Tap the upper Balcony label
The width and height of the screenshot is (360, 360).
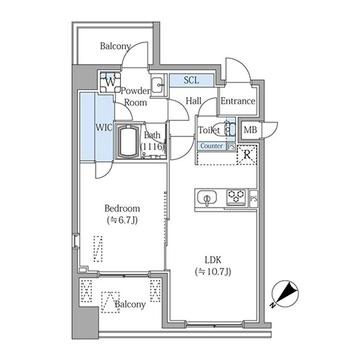[115, 47]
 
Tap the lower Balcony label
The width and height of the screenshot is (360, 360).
[130, 305]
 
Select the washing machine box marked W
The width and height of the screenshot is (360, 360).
[109, 81]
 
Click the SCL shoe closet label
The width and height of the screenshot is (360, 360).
[192, 80]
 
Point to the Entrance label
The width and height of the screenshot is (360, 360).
[238, 102]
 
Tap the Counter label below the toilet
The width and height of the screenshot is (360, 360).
[211, 145]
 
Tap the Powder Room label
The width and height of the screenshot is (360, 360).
[135, 96]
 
